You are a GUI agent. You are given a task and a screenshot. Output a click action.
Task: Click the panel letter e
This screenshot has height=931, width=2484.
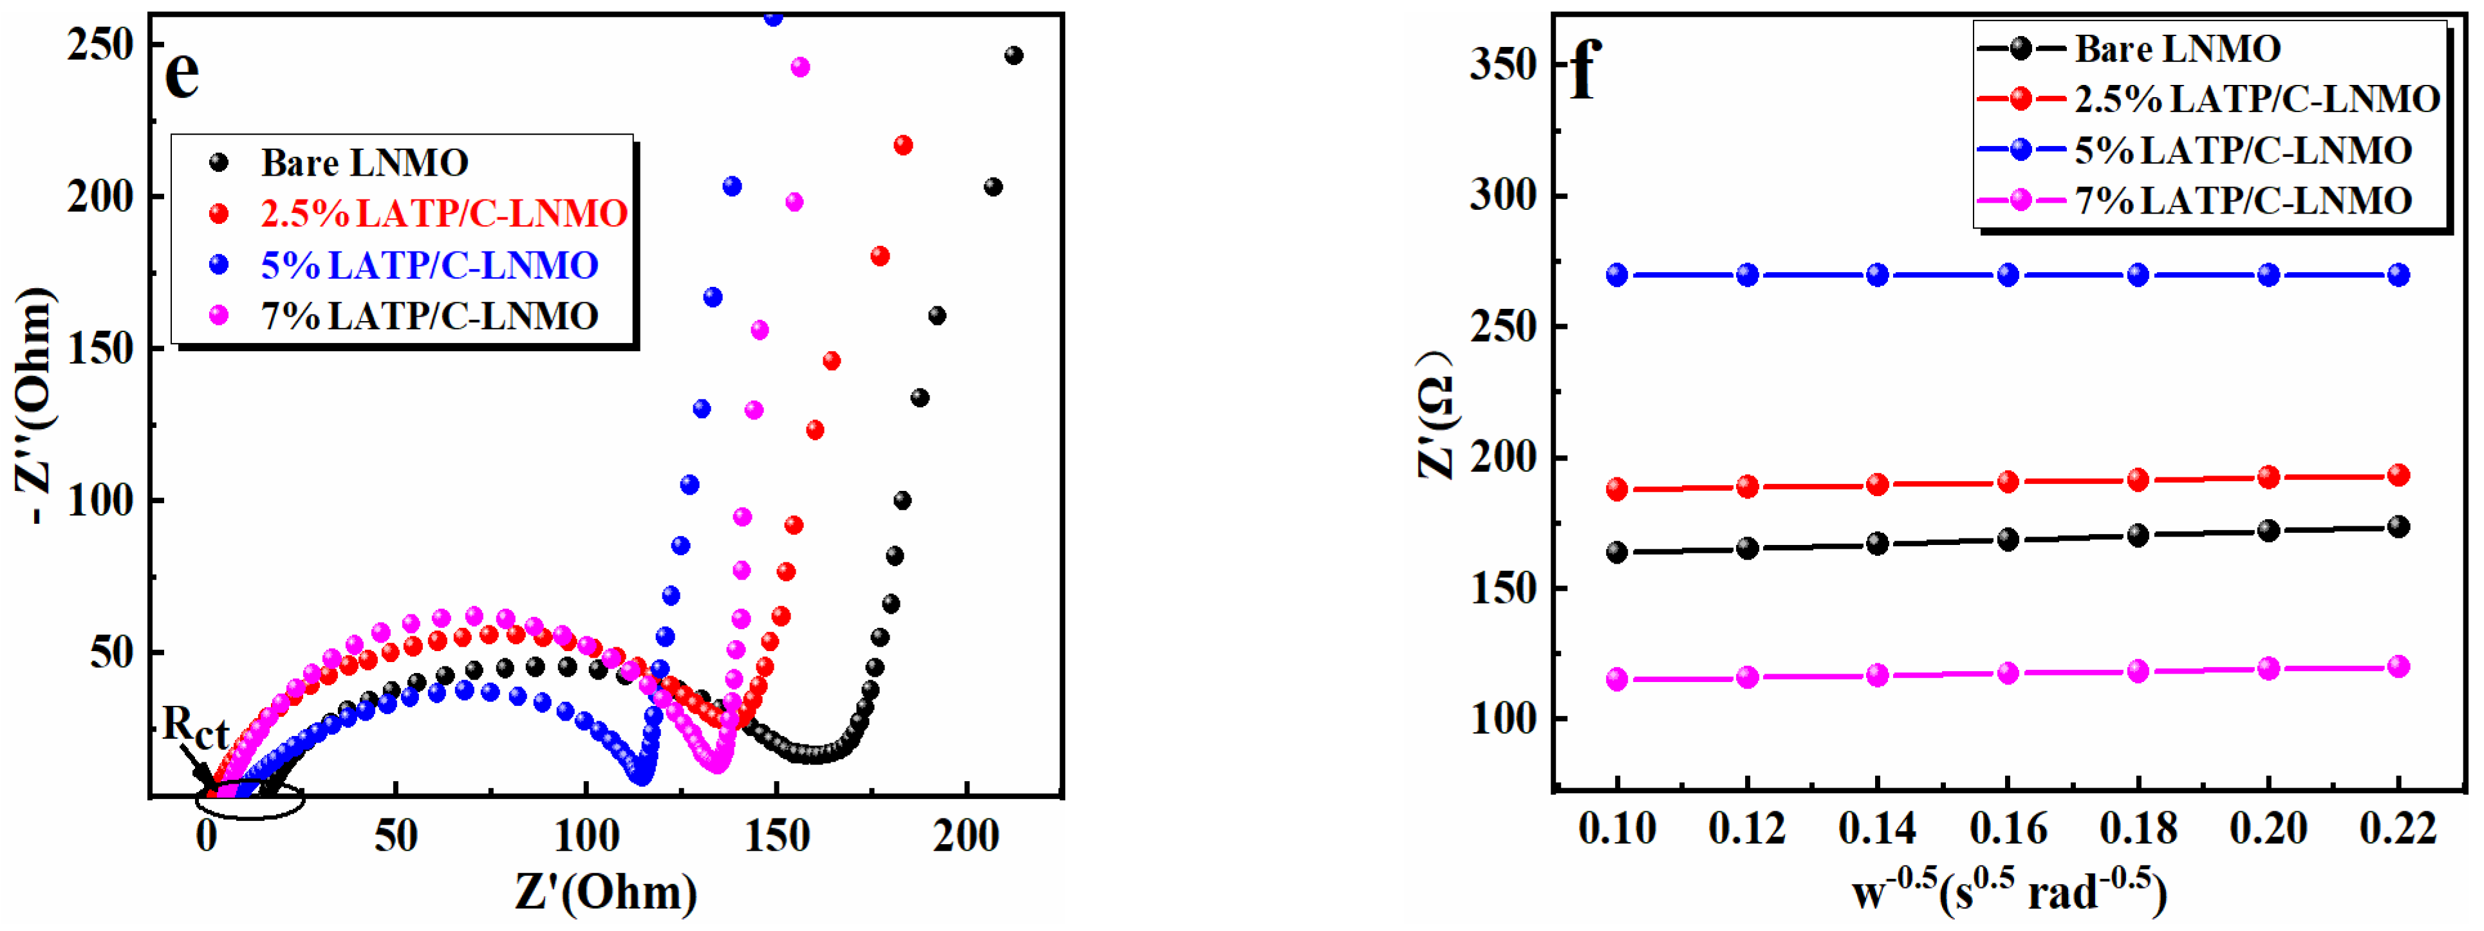point(182,73)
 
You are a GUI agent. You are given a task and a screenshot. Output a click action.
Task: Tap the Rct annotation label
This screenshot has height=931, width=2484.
point(195,728)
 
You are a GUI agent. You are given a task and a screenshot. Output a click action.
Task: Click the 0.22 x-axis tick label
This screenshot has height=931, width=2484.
point(2398,829)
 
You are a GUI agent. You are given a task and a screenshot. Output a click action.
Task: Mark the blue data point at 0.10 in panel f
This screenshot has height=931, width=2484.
point(1617,275)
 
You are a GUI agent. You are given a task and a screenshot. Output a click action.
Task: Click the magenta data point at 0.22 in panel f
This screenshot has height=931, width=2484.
point(2398,666)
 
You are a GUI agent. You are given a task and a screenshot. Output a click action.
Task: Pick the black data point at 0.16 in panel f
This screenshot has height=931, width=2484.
point(2008,540)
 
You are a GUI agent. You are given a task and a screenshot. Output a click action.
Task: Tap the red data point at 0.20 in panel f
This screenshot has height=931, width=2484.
point(2268,477)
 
